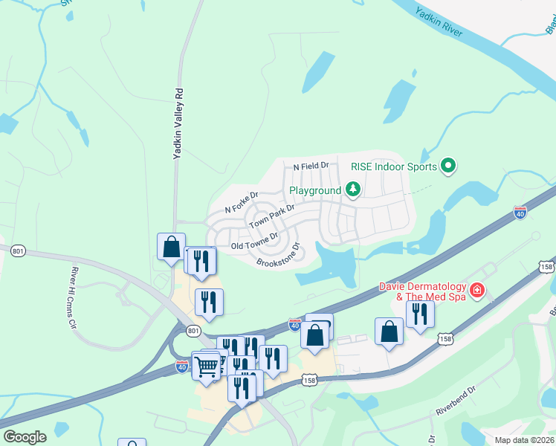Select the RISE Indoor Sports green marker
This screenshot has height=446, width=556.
[x=448, y=165]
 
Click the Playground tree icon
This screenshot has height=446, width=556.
[x=352, y=190]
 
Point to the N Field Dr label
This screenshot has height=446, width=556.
[x=311, y=166]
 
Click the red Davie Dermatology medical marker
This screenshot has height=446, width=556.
[x=476, y=291]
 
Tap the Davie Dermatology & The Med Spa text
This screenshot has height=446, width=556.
[x=421, y=291]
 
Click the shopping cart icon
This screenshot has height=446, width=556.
[x=206, y=365]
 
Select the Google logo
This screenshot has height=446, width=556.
[x=25, y=437]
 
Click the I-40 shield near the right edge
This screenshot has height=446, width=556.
[x=520, y=213]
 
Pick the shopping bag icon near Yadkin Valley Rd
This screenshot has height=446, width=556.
[x=171, y=245]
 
